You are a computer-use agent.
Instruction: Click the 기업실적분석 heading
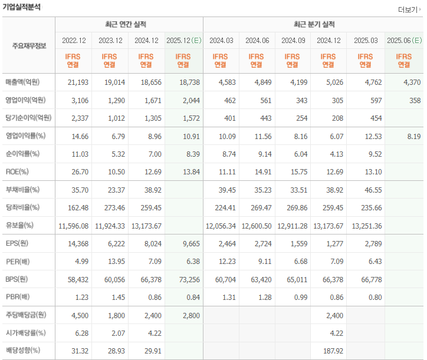click(22, 7)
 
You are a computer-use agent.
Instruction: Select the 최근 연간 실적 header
click(129, 25)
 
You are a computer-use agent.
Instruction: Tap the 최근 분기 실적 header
click(314, 25)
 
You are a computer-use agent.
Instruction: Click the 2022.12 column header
click(74, 41)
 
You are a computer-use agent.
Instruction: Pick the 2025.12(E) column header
click(183, 41)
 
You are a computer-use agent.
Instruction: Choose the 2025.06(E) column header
click(404, 41)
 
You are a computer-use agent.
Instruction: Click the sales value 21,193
click(77, 82)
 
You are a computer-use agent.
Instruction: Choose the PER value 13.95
click(114, 261)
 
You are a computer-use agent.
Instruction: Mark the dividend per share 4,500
click(77, 315)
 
